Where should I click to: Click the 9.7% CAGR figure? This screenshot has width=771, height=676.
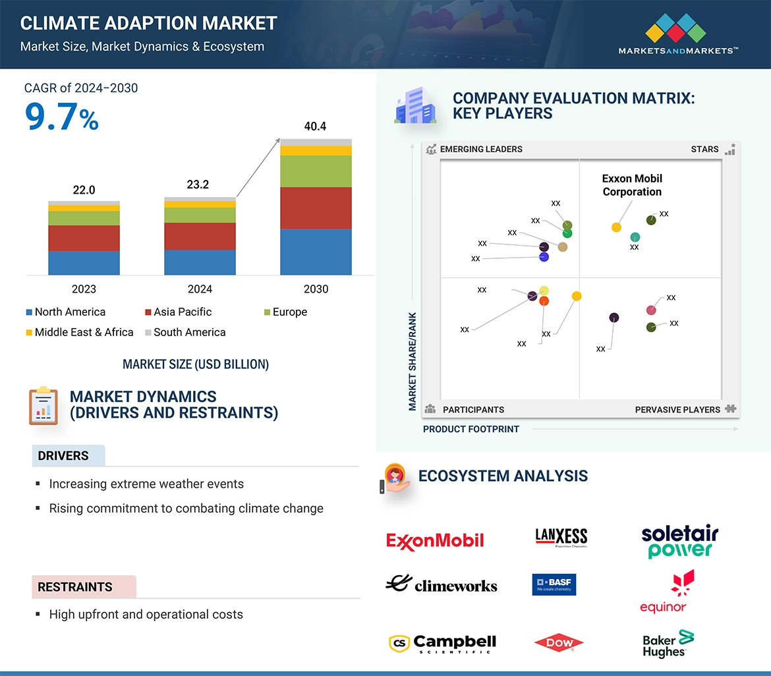click(61, 117)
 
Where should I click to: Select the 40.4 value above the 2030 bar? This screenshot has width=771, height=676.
click(315, 127)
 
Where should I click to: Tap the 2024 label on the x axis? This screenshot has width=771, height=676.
click(200, 289)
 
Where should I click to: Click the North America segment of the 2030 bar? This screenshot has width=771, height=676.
click(316, 252)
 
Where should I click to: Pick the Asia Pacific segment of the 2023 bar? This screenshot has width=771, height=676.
click(84, 238)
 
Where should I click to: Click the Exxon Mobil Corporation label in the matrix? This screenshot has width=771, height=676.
click(631, 185)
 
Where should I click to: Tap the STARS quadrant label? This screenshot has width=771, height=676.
click(704, 150)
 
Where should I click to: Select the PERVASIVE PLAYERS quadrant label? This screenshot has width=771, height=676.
click(677, 410)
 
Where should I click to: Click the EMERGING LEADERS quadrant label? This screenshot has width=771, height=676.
click(480, 150)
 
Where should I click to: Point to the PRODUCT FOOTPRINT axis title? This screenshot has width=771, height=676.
click(471, 430)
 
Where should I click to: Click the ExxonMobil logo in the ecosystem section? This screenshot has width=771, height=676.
click(435, 541)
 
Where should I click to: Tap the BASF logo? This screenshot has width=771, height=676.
click(554, 584)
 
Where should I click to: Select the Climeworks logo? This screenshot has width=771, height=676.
click(442, 584)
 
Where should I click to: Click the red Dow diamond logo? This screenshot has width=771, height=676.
click(558, 643)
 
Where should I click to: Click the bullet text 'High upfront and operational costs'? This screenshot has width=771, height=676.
click(146, 615)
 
